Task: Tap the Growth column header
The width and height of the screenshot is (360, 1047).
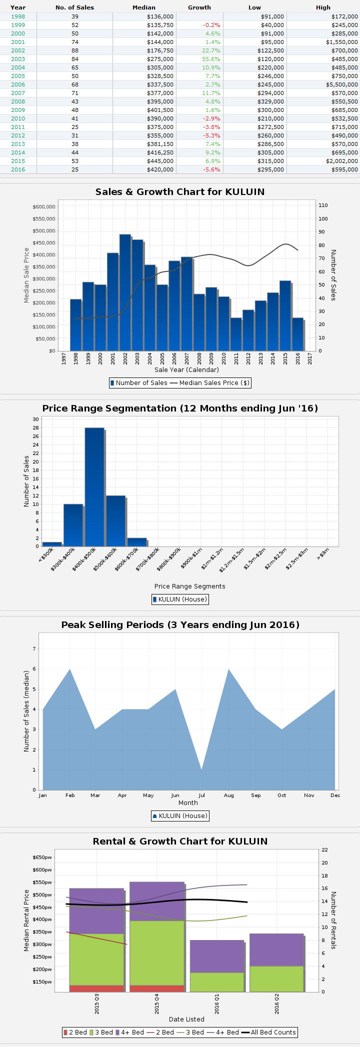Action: pos(199,7)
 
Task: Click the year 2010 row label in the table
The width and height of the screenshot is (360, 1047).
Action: pos(18,118)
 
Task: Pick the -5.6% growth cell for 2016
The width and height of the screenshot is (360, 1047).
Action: pos(211,169)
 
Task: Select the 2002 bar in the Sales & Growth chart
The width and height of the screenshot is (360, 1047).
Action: pos(125,292)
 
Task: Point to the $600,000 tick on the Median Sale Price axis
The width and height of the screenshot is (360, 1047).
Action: pos(44,206)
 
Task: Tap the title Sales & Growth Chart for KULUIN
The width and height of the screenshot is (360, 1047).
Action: pos(180,192)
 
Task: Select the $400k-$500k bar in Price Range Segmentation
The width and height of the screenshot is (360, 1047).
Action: pos(94,487)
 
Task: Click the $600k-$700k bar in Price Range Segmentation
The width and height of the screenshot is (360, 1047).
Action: pos(137,542)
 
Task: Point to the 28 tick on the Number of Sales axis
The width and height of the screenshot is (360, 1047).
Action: pos(36,427)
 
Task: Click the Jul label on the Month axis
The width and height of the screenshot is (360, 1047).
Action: pos(202,795)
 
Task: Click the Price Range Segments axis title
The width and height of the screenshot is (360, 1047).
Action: pos(189,586)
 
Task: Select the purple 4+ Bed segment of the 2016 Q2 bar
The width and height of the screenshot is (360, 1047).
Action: pos(276,950)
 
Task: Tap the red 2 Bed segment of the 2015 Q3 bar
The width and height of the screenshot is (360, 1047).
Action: pos(96,988)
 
